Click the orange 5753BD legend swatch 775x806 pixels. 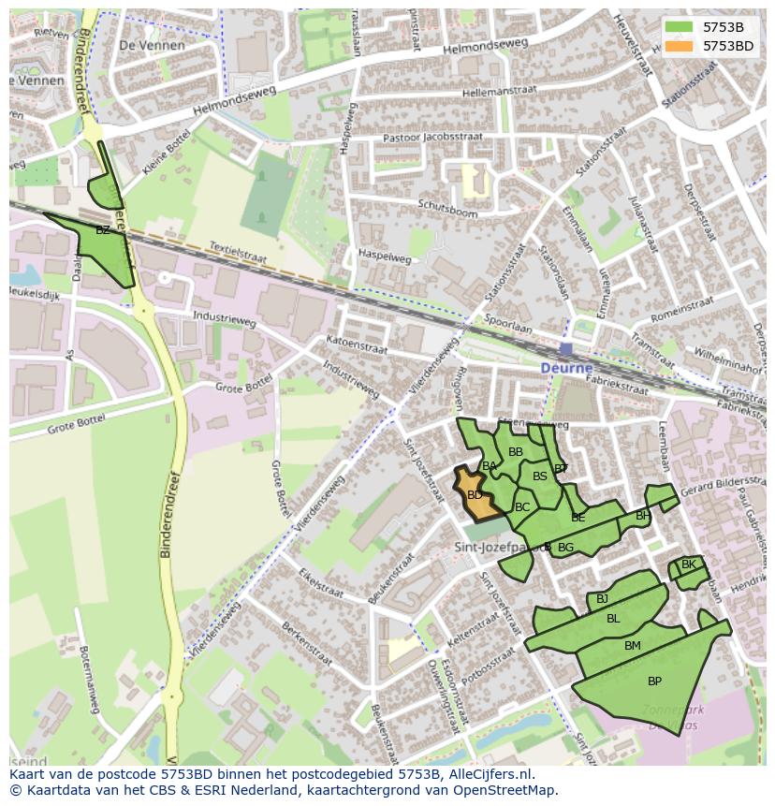681,45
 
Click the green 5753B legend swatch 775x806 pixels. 681,27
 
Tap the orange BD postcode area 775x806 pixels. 476,495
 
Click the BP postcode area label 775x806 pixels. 654,681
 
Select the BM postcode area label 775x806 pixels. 633,646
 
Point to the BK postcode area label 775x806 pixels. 688,564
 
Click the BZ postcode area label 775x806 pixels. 103,229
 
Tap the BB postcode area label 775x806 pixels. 515,452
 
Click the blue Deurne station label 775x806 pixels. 566,369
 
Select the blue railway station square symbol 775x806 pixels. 566,349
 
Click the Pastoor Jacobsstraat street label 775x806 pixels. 432,138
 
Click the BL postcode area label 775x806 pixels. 613,619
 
